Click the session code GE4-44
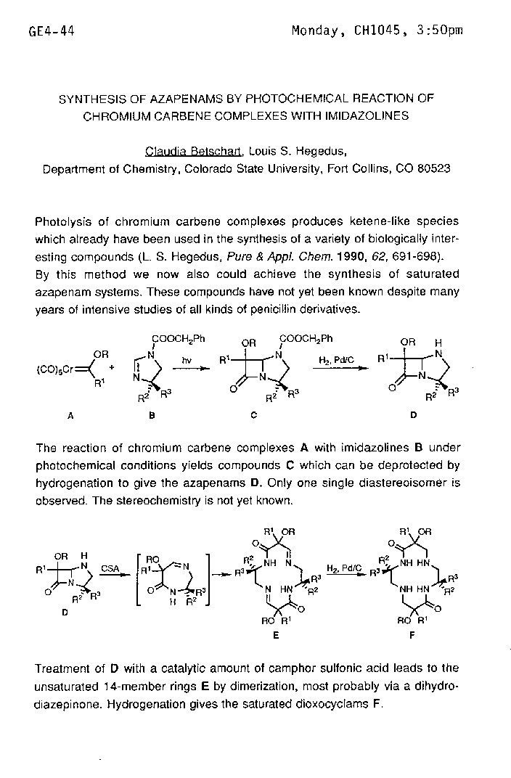point(52,30)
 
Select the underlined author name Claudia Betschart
point(194,152)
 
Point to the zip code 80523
point(433,168)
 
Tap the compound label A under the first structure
point(70,416)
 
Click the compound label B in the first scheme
point(152,416)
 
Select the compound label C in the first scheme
point(252,416)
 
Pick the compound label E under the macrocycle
point(276,634)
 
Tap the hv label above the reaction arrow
point(187,359)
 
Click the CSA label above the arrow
point(110,569)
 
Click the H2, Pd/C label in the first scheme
point(335,359)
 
